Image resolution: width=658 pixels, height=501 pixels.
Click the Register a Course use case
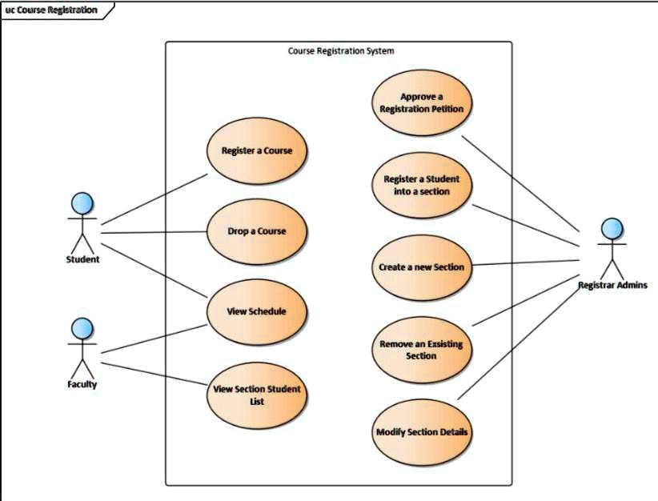tap(256, 150)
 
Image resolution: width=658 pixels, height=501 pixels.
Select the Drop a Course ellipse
tap(256, 231)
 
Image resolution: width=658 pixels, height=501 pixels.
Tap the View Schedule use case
tap(256, 311)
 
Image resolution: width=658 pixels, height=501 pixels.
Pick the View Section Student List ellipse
tap(256, 395)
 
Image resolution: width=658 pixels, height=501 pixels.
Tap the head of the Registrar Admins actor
tap(612, 229)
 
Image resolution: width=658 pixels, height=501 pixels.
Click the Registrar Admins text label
tap(612, 285)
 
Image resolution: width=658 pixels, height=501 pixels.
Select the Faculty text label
tap(82, 384)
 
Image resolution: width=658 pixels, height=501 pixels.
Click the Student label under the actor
tap(82, 259)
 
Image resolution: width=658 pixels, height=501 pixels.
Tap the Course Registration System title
tap(341, 51)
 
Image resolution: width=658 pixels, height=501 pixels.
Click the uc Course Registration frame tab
tap(52, 10)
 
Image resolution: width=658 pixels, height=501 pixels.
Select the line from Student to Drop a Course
tap(152, 233)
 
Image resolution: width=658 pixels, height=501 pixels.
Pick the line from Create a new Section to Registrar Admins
tap(524, 263)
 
